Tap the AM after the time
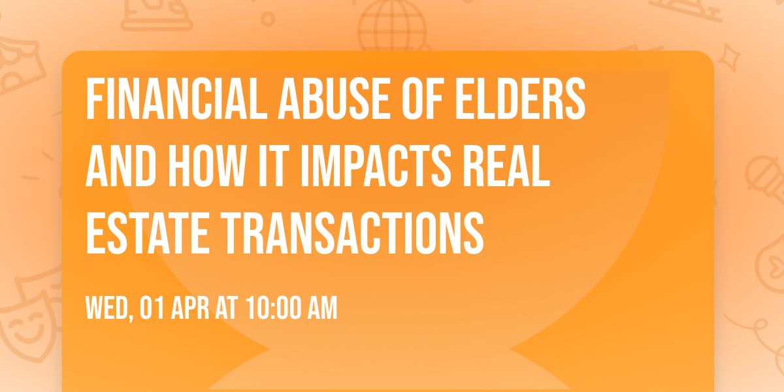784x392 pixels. (x=322, y=308)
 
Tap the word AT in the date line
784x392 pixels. (x=227, y=308)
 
